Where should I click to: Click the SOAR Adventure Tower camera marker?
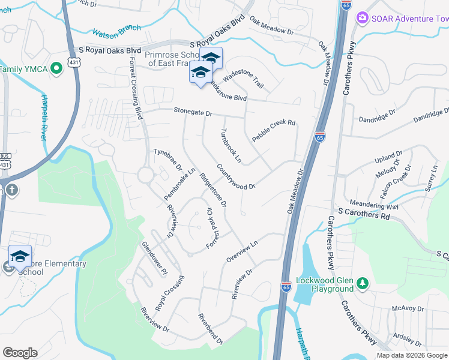362,18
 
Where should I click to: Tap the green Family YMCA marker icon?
56,69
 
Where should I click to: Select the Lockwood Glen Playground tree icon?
361,282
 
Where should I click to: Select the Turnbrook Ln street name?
231,146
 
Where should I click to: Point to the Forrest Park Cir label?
214,229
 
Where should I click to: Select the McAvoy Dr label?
408,309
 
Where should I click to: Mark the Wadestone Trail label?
243,79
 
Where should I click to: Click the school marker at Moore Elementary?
20,256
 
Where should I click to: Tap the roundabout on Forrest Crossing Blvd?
145,175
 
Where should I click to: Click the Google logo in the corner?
20,353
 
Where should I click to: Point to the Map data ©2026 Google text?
411,355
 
